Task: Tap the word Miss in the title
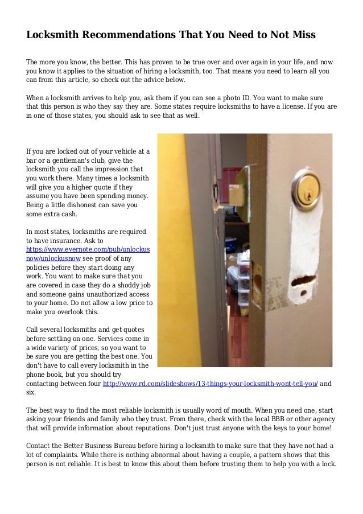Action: point(301,35)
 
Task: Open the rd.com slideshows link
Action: point(209,384)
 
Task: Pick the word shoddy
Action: point(123,285)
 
